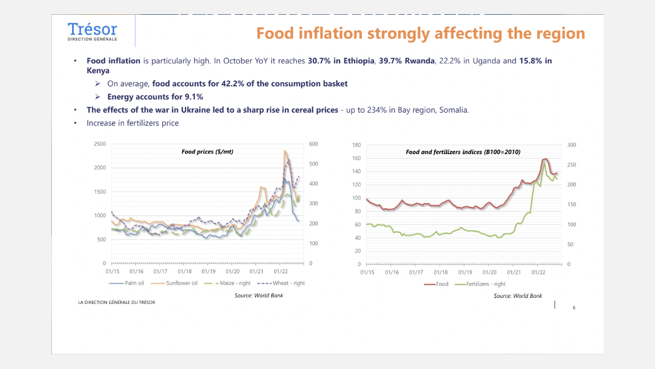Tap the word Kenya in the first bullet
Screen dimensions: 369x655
click(x=98, y=71)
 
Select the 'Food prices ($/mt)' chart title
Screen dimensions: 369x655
click(x=207, y=151)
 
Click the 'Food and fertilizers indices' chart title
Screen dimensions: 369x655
click(x=462, y=152)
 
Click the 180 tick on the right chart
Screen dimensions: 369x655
click(x=356, y=145)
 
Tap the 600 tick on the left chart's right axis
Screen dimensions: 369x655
click(x=313, y=144)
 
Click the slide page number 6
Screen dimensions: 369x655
click(x=574, y=308)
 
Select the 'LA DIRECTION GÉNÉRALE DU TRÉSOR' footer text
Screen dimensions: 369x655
click(x=116, y=302)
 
